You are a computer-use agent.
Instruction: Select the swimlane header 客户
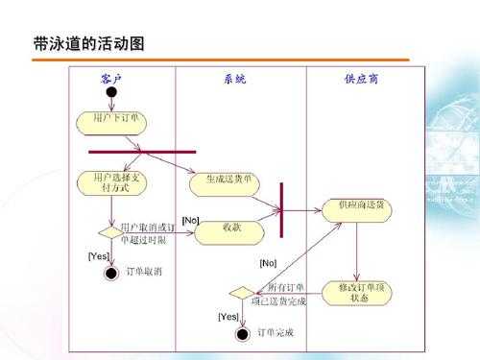tap(111, 79)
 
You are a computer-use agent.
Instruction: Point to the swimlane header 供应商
tap(361, 79)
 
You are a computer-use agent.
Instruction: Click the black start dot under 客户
tap(111, 94)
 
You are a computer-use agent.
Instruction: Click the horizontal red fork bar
tap(142, 152)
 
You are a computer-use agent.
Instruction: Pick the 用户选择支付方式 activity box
tap(116, 183)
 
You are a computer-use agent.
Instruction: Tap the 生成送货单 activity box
tap(230, 180)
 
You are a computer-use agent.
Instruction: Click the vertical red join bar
tap(281, 209)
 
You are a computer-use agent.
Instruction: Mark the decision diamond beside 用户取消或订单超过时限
tap(111, 231)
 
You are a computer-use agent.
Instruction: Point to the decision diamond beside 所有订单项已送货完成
tap(242, 292)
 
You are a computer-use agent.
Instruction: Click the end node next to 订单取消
tap(111, 273)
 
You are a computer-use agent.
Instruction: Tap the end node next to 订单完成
tap(242, 333)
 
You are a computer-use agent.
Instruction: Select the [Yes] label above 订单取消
tap(99, 255)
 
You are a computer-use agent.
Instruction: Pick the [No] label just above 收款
tap(190, 222)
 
